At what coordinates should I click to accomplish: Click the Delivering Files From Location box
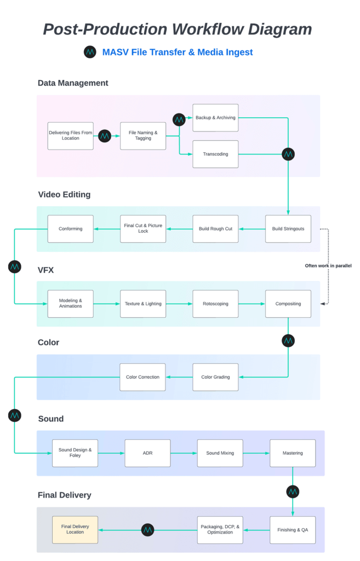[70, 136]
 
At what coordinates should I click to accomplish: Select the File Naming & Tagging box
[143, 136]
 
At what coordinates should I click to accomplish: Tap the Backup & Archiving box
[215, 118]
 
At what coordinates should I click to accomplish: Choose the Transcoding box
[215, 154]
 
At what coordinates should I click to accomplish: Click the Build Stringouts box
[288, 228]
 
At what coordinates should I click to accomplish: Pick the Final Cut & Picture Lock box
[143, 228]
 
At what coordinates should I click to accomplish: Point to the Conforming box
[70, 228]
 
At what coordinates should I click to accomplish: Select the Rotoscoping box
[215, 304]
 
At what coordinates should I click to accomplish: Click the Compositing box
[288, 304]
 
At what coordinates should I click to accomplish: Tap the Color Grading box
[215, 377]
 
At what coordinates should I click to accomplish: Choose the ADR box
[147, 453]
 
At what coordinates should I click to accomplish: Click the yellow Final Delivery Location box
[75, 530]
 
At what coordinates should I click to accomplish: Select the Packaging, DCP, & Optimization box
[220, 530]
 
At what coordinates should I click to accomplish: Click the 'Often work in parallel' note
[328, 266]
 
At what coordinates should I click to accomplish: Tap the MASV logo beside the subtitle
[90, 52]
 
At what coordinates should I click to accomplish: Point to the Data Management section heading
[73, 83]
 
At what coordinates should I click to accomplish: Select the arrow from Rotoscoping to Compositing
[252, 304]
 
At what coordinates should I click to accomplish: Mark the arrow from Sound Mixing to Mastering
[256, 453]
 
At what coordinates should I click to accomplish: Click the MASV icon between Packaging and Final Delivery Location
[147, 530]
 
